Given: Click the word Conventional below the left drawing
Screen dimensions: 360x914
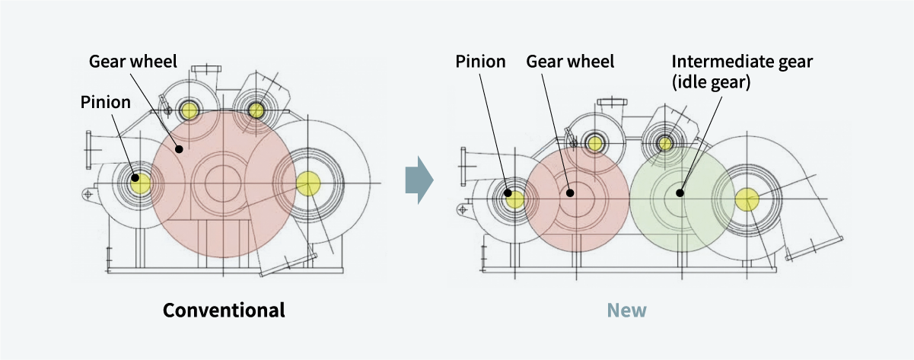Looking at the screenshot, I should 225,311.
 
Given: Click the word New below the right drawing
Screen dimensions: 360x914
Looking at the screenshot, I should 626,311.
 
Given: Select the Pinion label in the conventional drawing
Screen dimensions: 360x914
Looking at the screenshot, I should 106,102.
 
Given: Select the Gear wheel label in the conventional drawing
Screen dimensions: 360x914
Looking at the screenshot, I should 133,60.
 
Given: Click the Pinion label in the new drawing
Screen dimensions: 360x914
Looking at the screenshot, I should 481,62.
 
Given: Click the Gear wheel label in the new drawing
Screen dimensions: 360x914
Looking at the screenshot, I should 570,62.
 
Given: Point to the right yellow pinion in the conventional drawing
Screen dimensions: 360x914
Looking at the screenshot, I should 307,183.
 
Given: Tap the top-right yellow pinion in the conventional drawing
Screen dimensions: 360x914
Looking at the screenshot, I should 256,111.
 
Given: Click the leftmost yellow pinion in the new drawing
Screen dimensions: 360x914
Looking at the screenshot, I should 515,199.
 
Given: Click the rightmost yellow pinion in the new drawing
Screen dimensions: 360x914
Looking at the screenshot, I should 747,199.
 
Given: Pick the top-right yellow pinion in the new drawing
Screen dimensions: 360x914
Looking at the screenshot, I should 665,142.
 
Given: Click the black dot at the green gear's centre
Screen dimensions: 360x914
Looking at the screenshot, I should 680,193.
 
